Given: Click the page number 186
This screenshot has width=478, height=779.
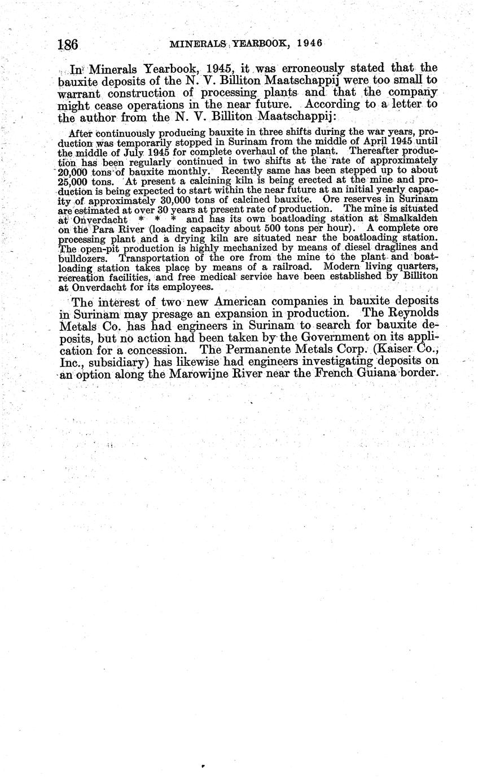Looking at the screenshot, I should pyautogui.click(x=67, y=44).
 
